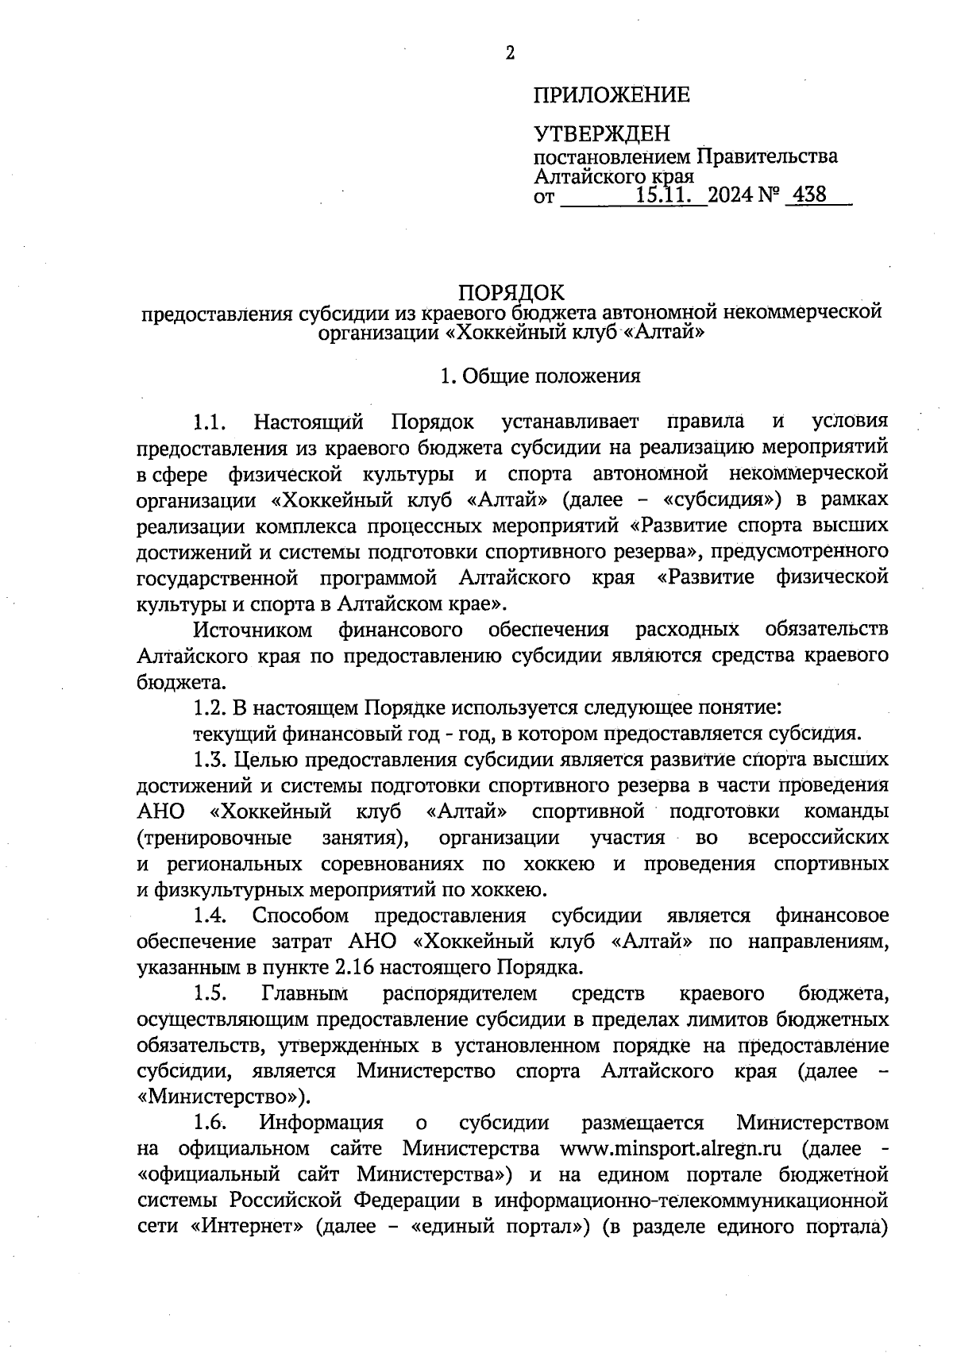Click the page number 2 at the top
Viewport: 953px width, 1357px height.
(x=510, y=53)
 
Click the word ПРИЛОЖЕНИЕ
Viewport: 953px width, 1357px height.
(x=611, y=96)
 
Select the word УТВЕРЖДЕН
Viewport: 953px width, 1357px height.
(x=601, y=133)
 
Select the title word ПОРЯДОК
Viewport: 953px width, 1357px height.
(x=511, y=292)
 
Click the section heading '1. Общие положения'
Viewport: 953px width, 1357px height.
(x=541, y=376)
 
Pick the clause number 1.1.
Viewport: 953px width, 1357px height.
(x=210, y=421)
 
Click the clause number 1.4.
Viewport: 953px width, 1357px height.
(x=210, y=916)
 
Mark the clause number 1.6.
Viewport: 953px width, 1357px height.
(x=210, y=1123)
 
